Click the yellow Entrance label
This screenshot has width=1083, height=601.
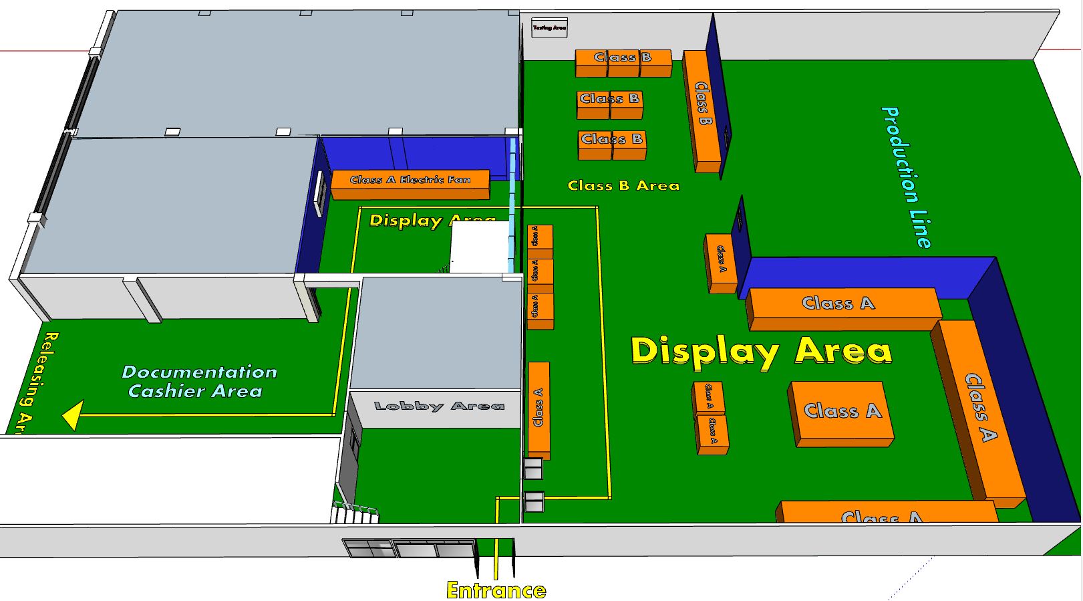[x=496, y=590]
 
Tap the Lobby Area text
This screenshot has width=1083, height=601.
[x=439, y=406]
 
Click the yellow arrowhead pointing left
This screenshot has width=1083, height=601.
[x=72, y=415]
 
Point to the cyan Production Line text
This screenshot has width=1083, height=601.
[x=907, y=177]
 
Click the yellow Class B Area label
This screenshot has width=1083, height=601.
[x=623, y=185]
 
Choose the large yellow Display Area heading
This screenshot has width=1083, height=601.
[x=761, y=351]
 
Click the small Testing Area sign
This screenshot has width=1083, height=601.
[x=549, y=27]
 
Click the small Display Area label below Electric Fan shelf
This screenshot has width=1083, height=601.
[x=432, y=220]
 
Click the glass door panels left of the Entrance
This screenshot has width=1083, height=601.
[x=409, y=548]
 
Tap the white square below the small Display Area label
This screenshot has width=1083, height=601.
[x=479, y=247]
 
